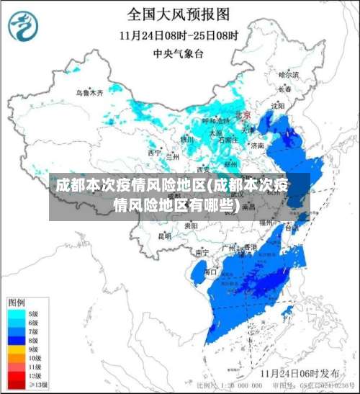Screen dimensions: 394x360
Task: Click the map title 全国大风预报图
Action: coord(179,14)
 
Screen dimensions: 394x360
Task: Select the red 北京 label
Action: coord(243,115)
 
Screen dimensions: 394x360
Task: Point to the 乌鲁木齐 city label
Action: coord(90,93)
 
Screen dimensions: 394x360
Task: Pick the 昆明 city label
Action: coord(165,236)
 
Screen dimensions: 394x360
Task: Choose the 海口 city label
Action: coord(210,272)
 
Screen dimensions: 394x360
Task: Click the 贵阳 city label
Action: coord(191,225)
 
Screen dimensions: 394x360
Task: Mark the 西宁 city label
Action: coord(155,153)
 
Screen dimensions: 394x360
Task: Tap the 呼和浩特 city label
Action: coord(214,121)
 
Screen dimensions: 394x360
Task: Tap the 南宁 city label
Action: coord(202,253)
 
